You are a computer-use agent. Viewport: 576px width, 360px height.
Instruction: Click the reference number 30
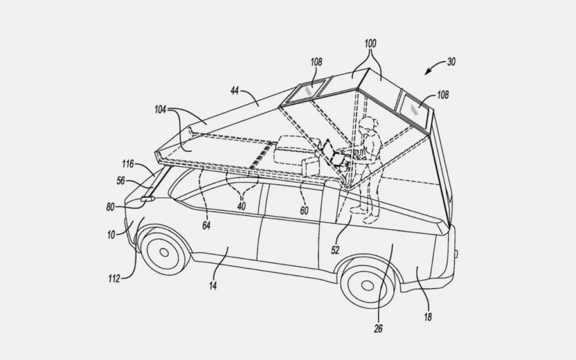click(451, 62)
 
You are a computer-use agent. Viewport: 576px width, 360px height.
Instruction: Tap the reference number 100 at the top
click(370, 43)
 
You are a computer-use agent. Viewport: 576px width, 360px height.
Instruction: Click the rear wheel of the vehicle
click(367, 287)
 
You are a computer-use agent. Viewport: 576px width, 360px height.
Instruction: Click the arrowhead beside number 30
click(427, 72)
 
